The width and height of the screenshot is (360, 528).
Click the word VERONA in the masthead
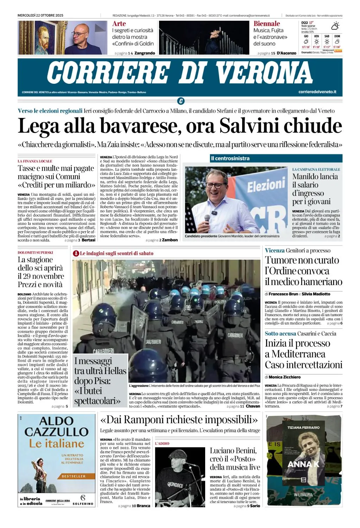[x=264, y=73]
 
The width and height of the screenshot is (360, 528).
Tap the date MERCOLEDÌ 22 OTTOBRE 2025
[x=40, y=15]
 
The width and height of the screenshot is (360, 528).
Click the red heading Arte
[x=119, y=24]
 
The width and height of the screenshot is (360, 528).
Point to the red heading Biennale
[x=267, y=24]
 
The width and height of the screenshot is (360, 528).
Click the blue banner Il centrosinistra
[x=230, y=158]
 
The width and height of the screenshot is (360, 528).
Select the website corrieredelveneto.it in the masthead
[x=317, y=92]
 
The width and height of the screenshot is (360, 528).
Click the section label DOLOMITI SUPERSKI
[x=35, y=252]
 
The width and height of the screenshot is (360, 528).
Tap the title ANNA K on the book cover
[x=303, y=464]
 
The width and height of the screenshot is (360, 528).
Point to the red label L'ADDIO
[x=162, y=444]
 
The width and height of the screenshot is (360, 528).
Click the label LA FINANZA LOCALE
[x=35, y=161]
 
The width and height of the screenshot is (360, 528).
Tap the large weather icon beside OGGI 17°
[x=335, y=26]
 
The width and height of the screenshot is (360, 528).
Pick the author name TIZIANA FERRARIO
[x=303, y=427]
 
